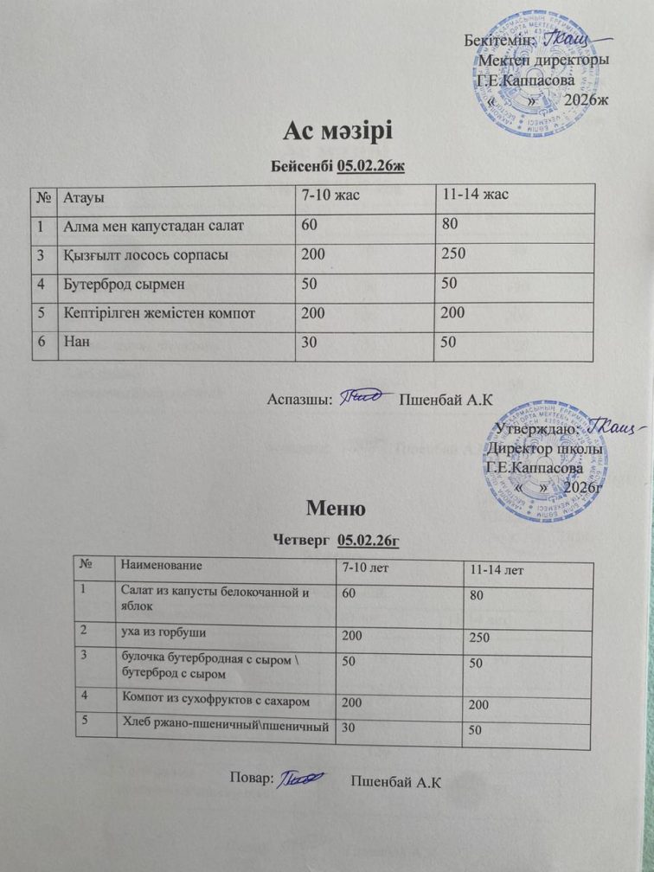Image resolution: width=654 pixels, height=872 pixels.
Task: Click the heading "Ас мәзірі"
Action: (337, 131)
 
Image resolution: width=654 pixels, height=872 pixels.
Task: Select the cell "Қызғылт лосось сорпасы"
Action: (144, 255)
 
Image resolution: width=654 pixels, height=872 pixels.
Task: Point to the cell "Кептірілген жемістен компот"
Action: (159, 312)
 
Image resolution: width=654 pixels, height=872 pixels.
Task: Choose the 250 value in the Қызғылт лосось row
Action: (453, 254)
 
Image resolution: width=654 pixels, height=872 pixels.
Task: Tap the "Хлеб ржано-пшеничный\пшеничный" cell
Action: (223, 726)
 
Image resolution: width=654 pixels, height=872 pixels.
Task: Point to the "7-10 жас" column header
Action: (329, 197)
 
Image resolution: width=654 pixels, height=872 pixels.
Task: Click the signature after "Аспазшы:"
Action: (363, 398)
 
